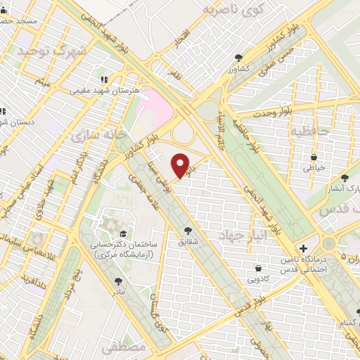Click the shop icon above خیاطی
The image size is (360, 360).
pyautogui.click(x=314, y=157)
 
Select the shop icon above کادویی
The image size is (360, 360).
pyautogui.click(x=259, y=268)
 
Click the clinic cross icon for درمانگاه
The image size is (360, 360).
pyautogui.click(x=303, y=248)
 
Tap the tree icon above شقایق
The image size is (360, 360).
pyautogui.click(x=188, y=229)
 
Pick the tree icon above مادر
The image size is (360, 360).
pyautogui.click(x=117, y=281)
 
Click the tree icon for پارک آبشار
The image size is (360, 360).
pyautogui.click(x=344, y=179)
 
